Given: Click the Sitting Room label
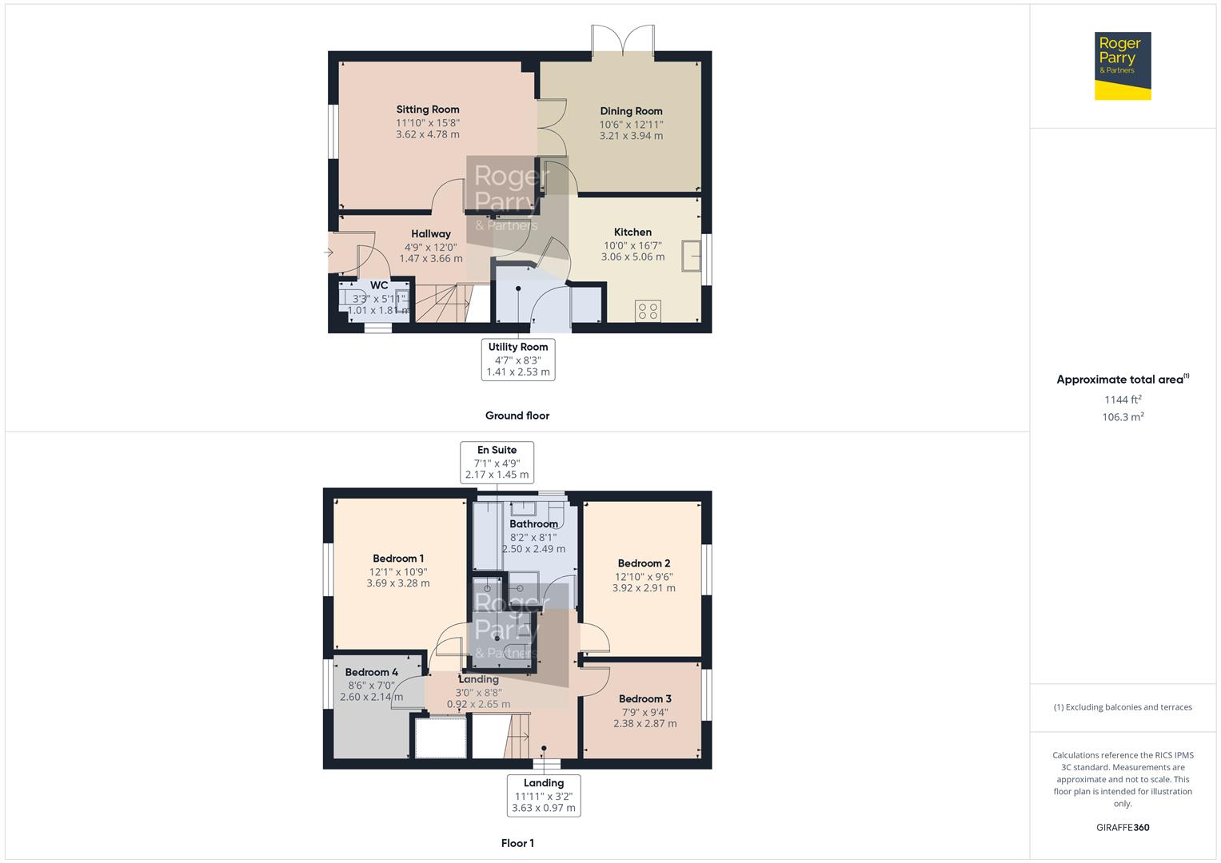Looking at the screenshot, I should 428,109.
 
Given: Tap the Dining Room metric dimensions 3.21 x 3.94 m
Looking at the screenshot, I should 631,136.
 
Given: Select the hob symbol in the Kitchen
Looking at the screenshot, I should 648,310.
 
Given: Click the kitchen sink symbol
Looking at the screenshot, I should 691,257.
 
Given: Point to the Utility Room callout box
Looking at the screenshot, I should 518,359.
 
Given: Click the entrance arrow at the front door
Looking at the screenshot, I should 329,253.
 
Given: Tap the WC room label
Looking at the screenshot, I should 379,285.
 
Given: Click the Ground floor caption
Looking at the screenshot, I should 517,416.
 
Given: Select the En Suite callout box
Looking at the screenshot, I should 497,462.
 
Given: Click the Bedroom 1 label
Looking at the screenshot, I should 398,559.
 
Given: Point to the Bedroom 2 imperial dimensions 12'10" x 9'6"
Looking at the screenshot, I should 644,576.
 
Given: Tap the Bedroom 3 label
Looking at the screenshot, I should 644,698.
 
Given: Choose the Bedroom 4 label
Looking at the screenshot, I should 371,672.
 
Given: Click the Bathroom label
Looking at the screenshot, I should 533,524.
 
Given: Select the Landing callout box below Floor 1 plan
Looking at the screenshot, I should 544,795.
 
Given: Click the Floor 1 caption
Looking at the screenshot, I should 517,843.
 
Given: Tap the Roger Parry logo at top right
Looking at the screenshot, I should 1123,66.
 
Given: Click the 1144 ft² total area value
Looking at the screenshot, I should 1123,400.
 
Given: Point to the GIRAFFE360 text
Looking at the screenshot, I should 1123,827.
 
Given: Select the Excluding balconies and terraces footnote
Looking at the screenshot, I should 1123,707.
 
